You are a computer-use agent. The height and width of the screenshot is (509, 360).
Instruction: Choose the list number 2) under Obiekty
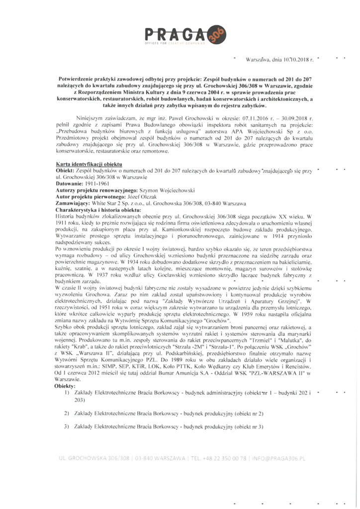pos(66,413)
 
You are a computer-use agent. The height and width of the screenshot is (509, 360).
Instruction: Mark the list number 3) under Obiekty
pos(66,426)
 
